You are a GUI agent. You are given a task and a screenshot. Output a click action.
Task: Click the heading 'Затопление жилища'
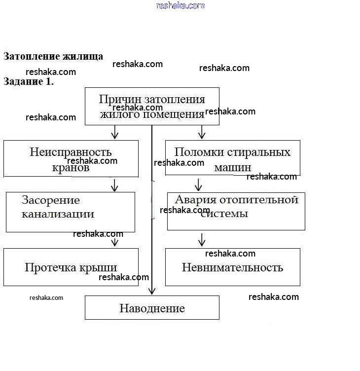click(x=53, y=56)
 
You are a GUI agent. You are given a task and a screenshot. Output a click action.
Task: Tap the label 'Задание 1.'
click(x=29, y=82)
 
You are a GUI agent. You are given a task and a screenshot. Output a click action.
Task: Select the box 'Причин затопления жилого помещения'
click(x=152, y=106)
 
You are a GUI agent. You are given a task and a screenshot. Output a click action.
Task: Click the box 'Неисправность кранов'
click(x=71, y=158)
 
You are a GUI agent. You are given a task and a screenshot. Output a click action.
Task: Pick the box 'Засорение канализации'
click(x=70, y=212)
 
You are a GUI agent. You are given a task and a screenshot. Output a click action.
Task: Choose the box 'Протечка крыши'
click(x=71, y=267)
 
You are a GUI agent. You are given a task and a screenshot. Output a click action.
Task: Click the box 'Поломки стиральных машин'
click(x=232, y=157)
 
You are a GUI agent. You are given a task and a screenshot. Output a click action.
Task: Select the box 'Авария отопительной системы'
click(x=236, y=211)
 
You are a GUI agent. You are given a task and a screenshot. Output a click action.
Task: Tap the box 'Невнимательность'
click(x=232, y=267)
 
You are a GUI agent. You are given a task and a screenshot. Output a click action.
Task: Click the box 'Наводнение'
click(x=152, y=308)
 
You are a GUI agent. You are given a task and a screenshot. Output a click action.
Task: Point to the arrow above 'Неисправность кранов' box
click(x=115, y=132)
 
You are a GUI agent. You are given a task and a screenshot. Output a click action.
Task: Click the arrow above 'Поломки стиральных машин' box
click(x=201, y=132)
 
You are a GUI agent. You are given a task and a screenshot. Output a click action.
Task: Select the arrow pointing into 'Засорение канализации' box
click(x=115, y=185)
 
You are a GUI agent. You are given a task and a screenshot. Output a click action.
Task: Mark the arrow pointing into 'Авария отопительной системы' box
click(x=198, y=185)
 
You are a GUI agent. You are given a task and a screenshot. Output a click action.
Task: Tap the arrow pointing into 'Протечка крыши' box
click(x=115, y=242)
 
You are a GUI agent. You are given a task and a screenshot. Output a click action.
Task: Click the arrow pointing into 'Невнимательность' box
click(x=201, y=240)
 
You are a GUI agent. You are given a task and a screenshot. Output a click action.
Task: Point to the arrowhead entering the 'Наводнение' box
click(x=152, y=291)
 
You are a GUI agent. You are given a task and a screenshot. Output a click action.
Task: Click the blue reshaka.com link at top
click(x=180, y=5)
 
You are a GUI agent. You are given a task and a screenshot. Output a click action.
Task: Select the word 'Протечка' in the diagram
click(x=49, y=267)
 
